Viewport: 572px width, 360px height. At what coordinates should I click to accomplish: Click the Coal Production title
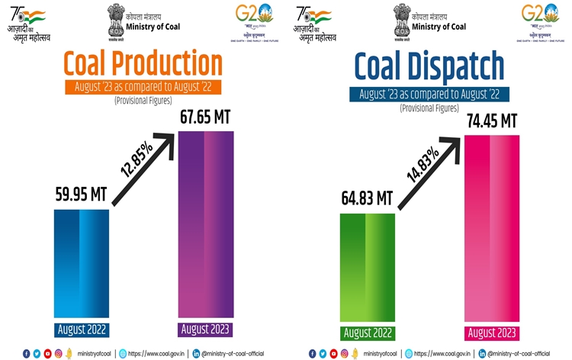[x=143, y=63]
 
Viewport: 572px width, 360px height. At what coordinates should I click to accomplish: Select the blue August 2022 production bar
[x=81, y=263]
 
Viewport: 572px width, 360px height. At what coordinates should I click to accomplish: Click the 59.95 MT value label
[x=81, y=194]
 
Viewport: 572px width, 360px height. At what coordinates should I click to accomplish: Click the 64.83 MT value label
[x=367, y=199]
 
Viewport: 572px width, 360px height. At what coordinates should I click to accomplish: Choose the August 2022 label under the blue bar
[x=81, y=330]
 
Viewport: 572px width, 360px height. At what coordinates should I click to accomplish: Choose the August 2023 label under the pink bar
[x=491, y=333]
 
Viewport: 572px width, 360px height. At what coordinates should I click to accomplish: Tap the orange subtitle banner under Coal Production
[x=143, y=86]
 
